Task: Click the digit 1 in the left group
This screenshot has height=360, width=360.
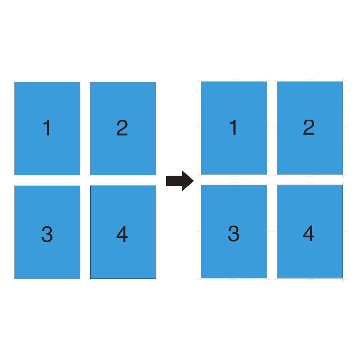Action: coord(47,127)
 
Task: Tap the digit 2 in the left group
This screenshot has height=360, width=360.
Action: coord(122,127)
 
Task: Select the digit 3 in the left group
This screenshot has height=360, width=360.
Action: coord(47,234)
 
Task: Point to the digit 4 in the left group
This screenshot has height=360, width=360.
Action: coord(122,234)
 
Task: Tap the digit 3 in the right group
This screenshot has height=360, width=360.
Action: coord(234,233)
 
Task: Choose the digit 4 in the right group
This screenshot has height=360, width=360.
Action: coord(309,233)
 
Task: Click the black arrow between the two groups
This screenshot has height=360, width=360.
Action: coord(180,181)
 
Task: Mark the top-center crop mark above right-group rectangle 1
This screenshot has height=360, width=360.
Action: coord(234,79)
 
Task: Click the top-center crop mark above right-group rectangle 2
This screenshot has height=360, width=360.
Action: coord(310,79)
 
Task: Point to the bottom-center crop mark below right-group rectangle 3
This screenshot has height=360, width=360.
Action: coord(234,280)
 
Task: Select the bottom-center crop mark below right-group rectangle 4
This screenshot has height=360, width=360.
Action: coord(310,280)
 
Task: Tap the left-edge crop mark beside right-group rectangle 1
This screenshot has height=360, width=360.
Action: coord(199,128)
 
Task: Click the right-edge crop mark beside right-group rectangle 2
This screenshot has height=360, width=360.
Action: coord(345,128)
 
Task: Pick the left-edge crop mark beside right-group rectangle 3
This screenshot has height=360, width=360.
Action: coord(199,232)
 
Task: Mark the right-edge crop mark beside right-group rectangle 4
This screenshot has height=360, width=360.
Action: coord(345,232)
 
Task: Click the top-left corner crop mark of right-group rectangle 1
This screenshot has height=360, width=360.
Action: coord(200,80)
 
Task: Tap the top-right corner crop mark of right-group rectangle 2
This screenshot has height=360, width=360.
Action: coord(344,80)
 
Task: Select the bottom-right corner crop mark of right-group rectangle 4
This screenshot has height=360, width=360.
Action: coord(344,279)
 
